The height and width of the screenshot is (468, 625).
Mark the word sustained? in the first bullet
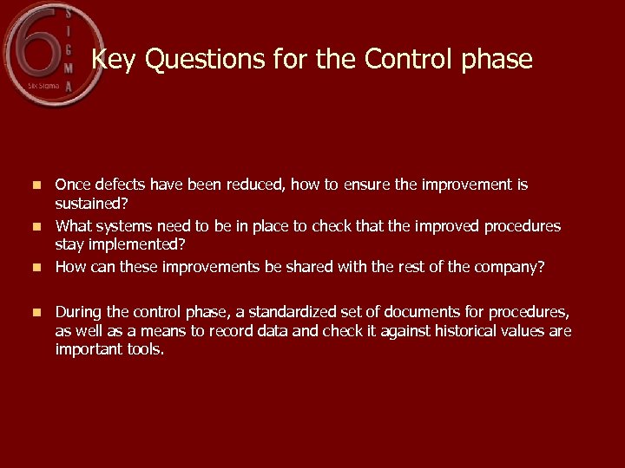tap(90, 205)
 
